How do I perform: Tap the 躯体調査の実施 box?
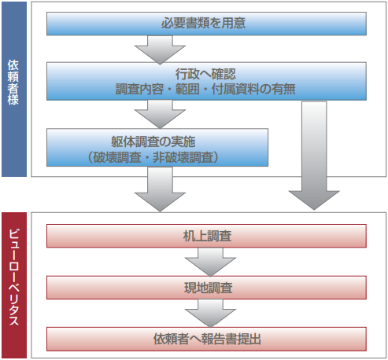tap(157, 148)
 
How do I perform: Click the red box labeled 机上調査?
tap(206, 236)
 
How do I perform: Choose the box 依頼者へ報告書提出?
tap(206, 340)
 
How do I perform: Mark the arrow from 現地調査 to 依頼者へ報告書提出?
tap(206, 314)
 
